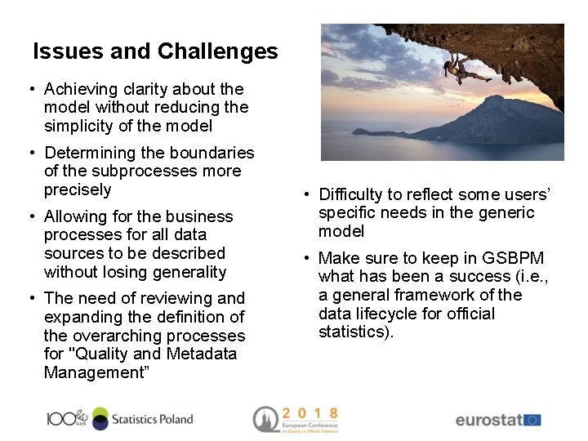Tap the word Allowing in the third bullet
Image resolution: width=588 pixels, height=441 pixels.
click(76, 216)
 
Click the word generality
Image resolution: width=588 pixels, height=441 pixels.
click(187, 272)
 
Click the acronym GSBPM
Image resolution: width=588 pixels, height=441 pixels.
click(514, 258)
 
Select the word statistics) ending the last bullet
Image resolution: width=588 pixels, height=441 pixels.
click(356, 332)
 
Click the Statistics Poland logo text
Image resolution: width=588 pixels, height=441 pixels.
click(152, 419)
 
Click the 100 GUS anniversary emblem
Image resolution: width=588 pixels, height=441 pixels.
click(66, 418)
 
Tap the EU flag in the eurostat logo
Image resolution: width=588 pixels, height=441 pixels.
click(532, 420)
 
